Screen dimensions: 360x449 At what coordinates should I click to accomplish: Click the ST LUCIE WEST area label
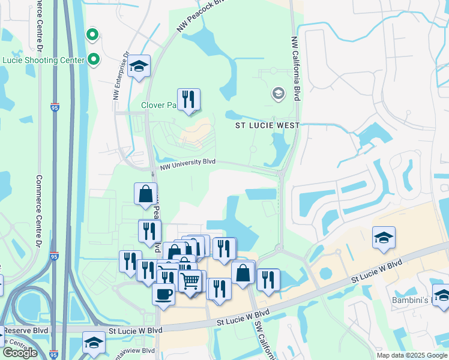tap(267, 125)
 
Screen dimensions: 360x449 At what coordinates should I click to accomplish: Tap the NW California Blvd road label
tap(295, 68)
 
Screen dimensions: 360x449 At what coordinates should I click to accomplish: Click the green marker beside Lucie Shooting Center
tap(93, 59)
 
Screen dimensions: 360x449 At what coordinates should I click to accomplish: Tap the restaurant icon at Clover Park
tap(188, 100)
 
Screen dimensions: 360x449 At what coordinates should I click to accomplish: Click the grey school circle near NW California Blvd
tap(278, 93)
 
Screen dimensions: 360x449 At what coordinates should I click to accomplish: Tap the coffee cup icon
tap(163, 294)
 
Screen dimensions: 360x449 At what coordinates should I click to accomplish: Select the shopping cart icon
tap(190, 280)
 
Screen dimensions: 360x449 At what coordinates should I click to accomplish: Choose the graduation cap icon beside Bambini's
tap(441, 296)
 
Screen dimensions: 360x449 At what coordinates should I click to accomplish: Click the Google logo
tap(20, 353)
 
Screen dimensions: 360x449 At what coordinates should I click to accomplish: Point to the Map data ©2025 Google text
tap(412, 355)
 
